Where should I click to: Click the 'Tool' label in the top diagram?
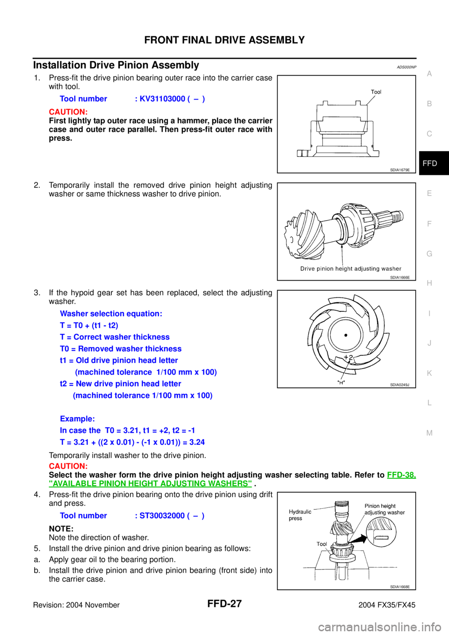(376, 92)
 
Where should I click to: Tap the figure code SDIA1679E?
(400, 170)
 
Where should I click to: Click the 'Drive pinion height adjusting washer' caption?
(351, 269)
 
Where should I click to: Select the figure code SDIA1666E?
(400, 277)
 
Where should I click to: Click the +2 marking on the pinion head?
(348, 358)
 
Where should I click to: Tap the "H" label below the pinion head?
(341, 382)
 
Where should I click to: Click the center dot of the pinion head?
(346, 335)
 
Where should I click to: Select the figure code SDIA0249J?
(400, 385)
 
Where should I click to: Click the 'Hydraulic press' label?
(300, 515)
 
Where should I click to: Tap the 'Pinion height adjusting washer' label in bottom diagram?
(384, 509)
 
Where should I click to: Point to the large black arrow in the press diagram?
(359, 538)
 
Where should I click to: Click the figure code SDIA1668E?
(400, 587)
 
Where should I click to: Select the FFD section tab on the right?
(429, 163)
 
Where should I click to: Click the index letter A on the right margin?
(429, 74)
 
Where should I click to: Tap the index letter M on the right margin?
(429, 433)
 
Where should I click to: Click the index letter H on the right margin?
(429, 283)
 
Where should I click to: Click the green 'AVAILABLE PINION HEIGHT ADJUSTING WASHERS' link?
(150, 483)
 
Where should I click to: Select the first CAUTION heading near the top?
(68, 112)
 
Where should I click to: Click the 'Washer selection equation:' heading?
(111, 314)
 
